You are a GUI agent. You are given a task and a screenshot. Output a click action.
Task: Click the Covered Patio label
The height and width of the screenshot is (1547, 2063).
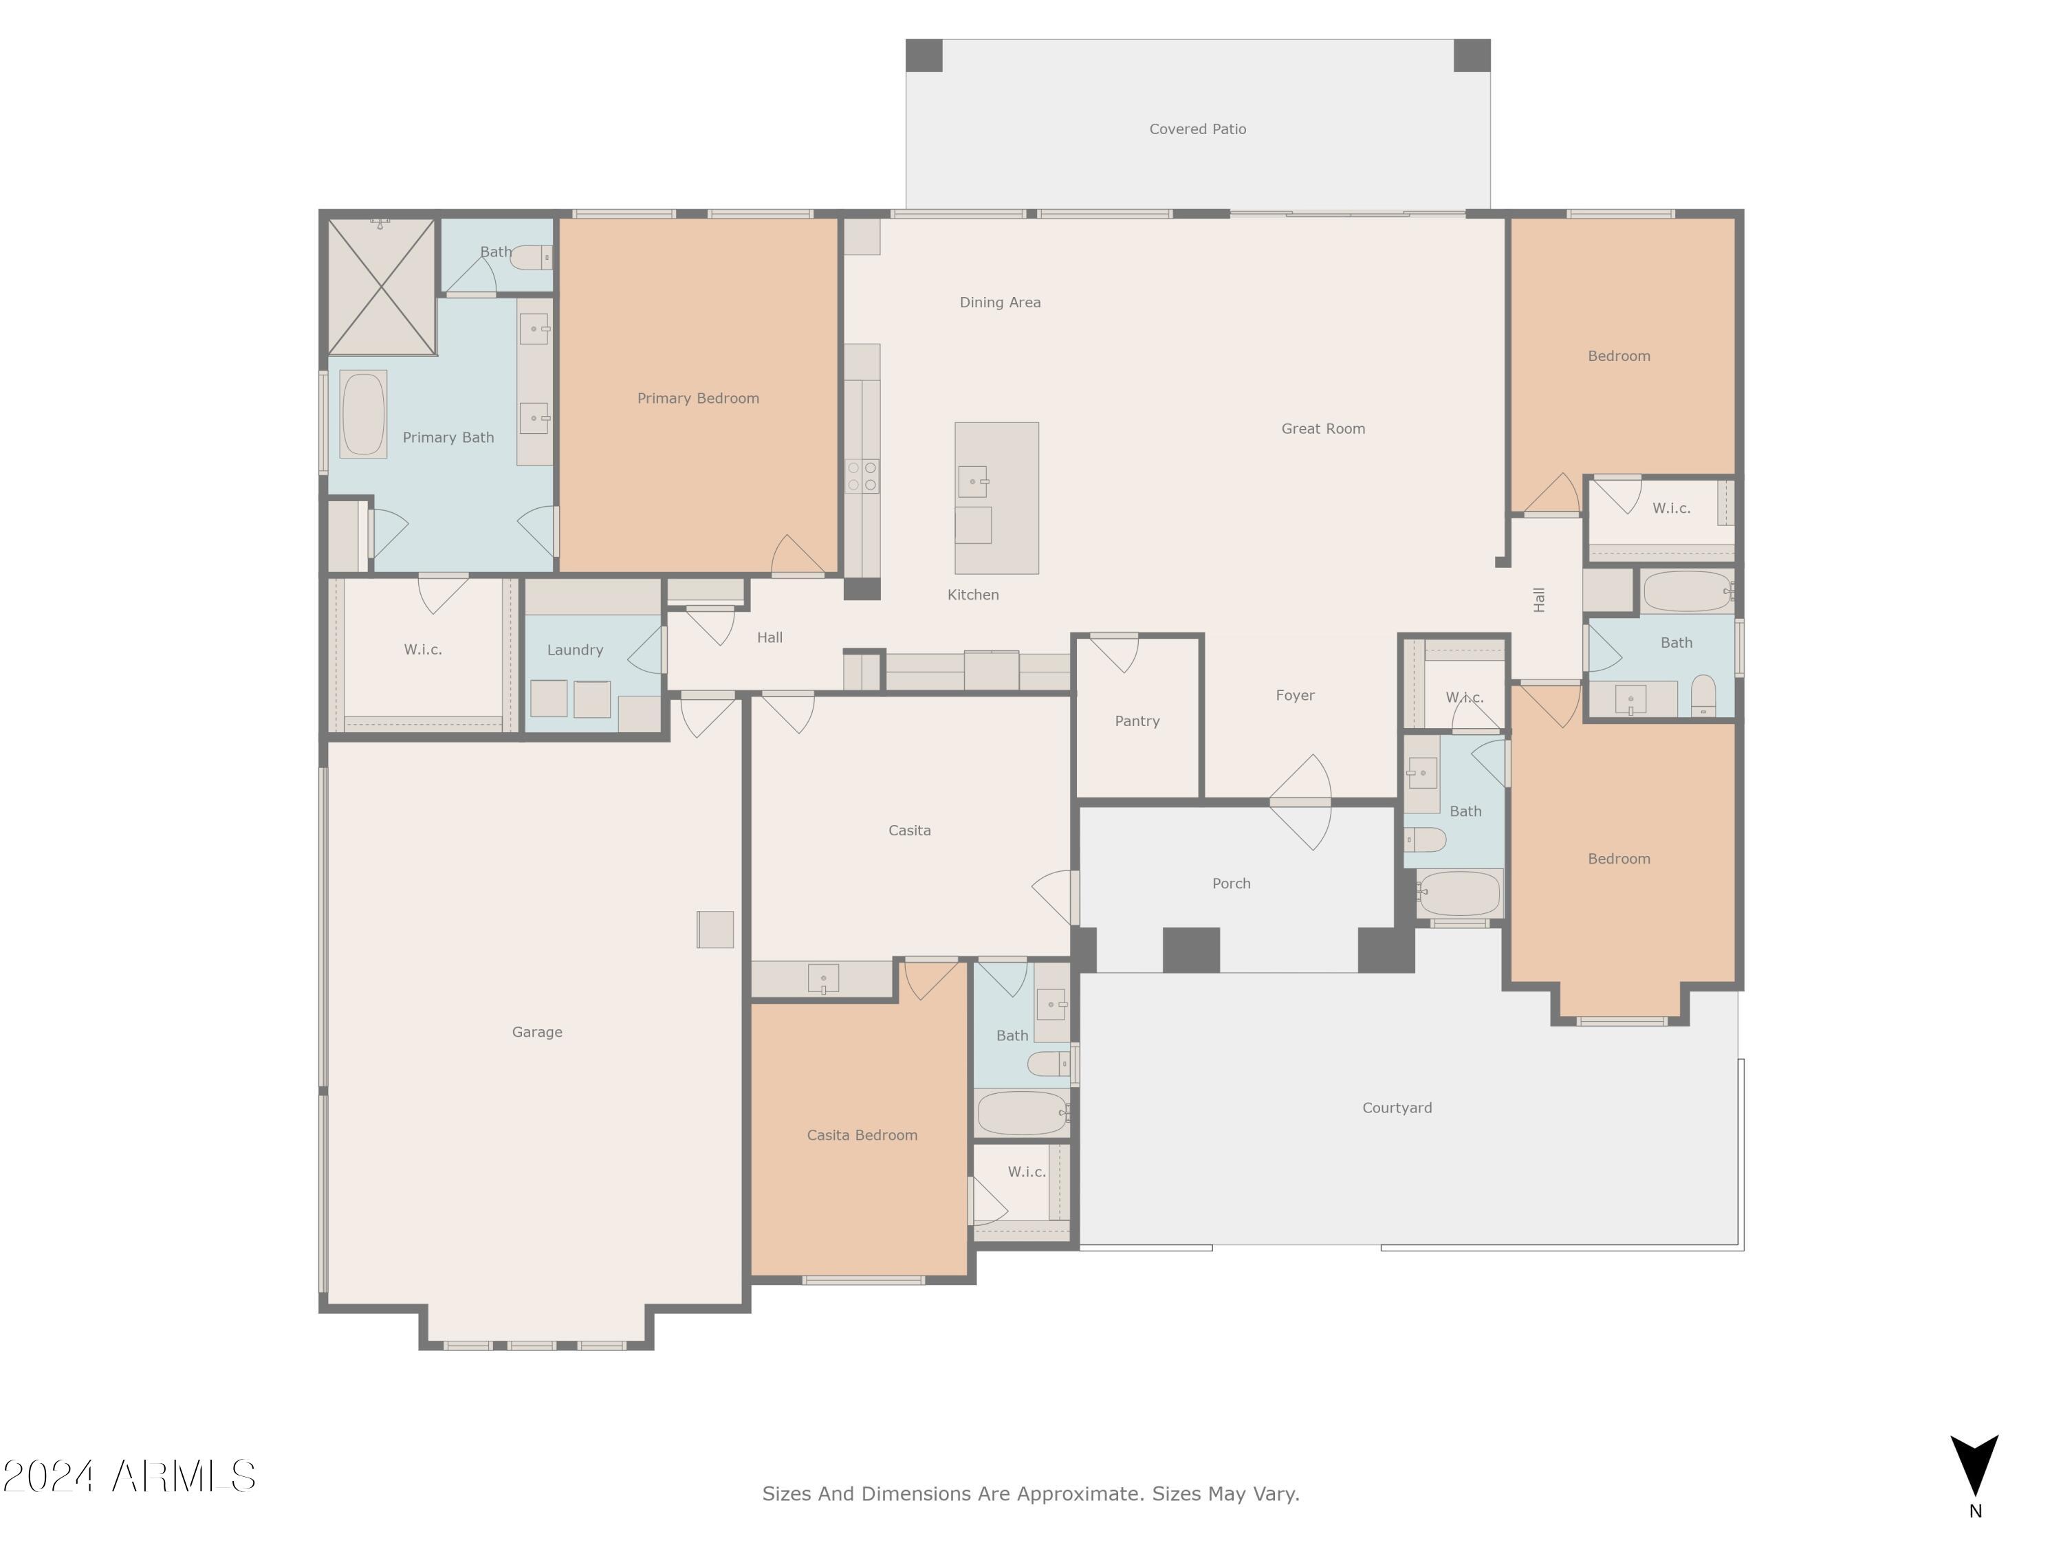[1197, 129]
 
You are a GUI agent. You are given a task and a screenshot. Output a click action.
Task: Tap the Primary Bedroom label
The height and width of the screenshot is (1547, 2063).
[697, 398]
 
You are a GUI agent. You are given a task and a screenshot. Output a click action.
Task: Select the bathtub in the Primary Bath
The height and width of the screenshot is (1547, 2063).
[363, 414]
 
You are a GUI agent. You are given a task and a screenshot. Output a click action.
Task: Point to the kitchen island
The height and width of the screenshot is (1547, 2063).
[996, 498]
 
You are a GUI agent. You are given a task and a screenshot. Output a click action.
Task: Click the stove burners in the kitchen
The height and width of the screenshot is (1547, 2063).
[862, 476]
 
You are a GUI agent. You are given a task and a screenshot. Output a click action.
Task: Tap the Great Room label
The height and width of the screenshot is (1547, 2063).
[1322, 429]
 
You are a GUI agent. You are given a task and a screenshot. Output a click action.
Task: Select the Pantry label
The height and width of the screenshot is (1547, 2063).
[1137, 721]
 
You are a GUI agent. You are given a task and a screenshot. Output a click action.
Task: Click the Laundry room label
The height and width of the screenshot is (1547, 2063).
[574, 650]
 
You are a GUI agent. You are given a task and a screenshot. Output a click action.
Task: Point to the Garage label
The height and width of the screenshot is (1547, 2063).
[537, 1031]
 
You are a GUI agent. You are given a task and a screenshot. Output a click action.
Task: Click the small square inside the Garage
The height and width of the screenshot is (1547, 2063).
[715, 930]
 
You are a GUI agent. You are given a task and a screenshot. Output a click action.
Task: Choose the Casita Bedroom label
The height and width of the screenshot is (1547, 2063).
[862, 1135]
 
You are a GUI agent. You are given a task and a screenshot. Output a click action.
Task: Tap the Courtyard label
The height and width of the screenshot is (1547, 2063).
[1396, 1108]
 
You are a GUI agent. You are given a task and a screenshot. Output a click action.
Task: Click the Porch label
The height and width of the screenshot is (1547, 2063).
[1231, 883]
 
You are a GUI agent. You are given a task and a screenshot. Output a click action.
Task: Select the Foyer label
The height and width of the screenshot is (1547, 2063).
[1294, 694]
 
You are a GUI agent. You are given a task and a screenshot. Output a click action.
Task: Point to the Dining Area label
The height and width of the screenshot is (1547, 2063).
[1000, 302]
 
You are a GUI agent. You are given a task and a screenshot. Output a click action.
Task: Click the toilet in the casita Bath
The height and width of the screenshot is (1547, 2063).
[1050, 1063]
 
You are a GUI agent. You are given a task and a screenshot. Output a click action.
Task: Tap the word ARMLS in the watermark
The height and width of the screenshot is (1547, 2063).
[184, 1476]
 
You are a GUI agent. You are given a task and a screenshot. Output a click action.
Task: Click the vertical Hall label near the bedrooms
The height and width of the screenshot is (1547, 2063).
[1539, 600]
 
